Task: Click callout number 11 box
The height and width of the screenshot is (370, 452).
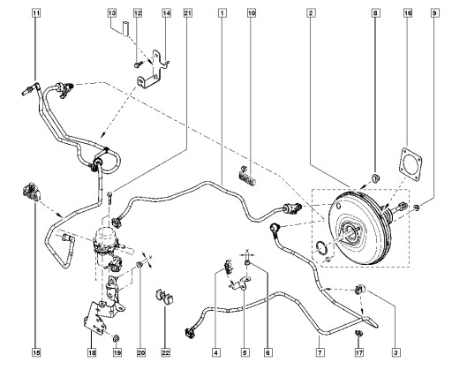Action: [36, 13]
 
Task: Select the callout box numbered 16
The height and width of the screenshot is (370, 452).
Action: [408, 13]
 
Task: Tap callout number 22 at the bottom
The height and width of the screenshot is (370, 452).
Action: [166, 352]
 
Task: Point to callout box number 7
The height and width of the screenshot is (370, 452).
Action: [320, 352]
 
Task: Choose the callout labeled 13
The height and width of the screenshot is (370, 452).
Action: [112, 13]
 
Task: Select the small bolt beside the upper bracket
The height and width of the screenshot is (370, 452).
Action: [139, 64]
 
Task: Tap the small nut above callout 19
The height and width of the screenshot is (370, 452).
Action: [117, 338]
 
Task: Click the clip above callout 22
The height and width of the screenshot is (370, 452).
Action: [164, 298]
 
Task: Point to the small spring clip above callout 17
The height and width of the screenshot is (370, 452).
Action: [359, 333]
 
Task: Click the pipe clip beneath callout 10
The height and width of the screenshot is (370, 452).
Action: [246, 176]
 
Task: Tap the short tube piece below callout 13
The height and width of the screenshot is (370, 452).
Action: [126, 28]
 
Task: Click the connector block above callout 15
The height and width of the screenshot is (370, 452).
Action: [32, 192]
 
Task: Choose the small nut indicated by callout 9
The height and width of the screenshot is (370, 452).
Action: [417, 208]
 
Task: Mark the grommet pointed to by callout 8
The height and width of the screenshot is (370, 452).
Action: [375, 178]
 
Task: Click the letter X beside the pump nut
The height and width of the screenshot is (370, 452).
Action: [151, 258]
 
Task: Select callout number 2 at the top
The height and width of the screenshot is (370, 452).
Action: [311, 13]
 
